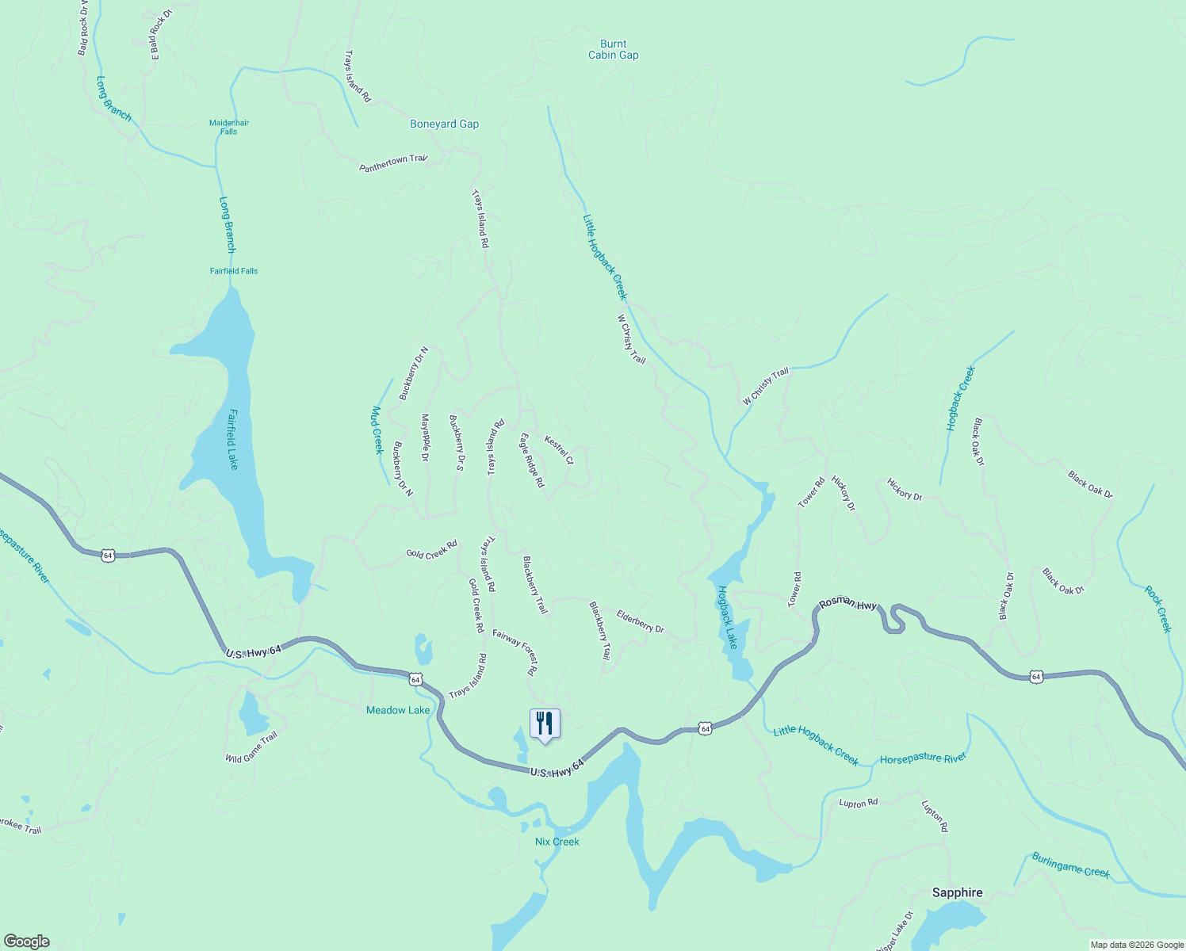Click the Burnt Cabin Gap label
tap(613, 49)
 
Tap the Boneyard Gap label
tap(444, 124)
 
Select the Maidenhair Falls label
tap(229, 127)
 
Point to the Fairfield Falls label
tap(234, 271)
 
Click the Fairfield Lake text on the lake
tap(233, 439)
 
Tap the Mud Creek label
tap(377, 430)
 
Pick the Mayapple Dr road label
tap(425, 437)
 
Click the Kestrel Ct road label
tap(559, 449)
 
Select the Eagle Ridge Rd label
tap(532, 460)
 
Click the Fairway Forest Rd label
tap(515, 651)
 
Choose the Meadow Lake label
tap(398, 710)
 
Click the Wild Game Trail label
tap(251, 747)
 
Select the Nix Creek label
tap(557, 842)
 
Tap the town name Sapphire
tap(957, 892)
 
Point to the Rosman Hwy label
tap(848, 604)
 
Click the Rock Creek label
tap(1157, 609)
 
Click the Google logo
tap(26, 941)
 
